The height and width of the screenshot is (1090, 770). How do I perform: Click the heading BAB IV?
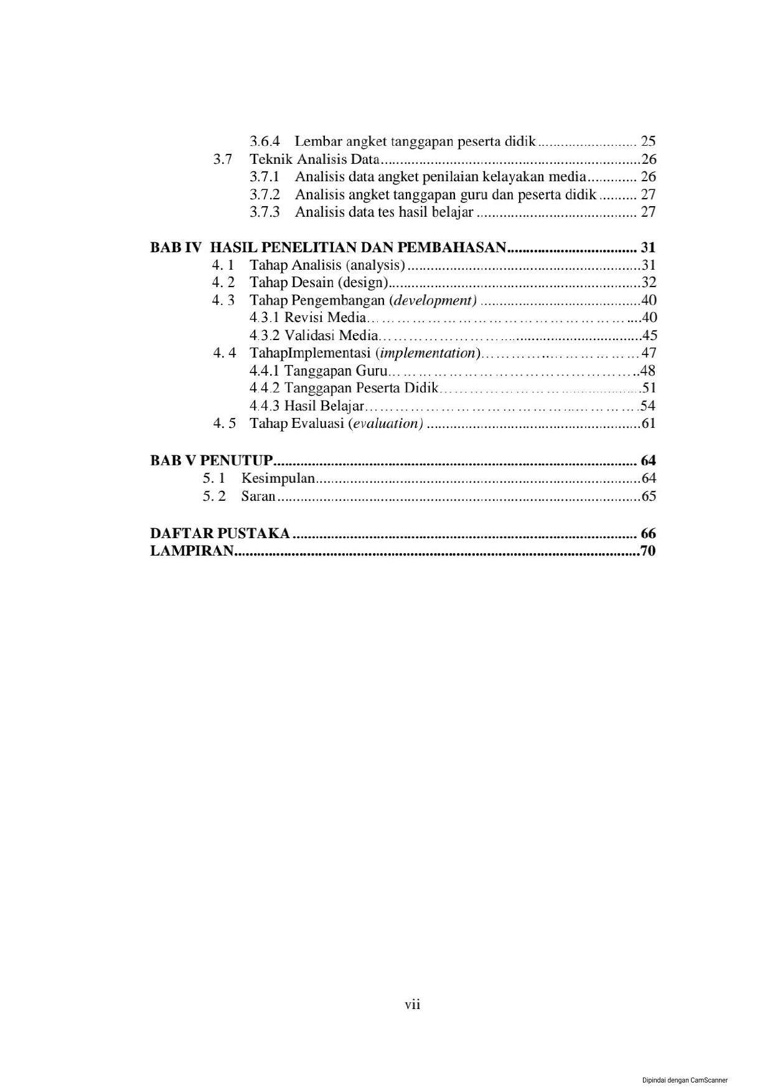click(176, 248)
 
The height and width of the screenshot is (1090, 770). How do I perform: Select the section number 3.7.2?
click(265, 195)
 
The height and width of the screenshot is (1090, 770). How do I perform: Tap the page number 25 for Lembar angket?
click(648, 141)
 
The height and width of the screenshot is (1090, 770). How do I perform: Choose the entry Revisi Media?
click(325, 318)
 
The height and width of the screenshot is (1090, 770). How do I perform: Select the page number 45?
click(649, 336)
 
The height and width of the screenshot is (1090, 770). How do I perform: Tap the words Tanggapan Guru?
click(336, 371)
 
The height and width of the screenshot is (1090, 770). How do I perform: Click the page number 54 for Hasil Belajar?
click(648, 406)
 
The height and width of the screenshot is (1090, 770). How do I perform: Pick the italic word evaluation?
click(387, 424)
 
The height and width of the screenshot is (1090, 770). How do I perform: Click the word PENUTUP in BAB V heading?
click(237, 461)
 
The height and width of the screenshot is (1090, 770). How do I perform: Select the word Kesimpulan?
click(278, 479)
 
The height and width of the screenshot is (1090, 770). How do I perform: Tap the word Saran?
click(258, 496)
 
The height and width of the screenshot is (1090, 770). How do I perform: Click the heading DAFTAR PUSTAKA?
click(220, 534)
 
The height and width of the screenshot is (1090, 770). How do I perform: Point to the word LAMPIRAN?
click(192, 551)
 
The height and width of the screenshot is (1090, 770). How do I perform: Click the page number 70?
click(648, 551)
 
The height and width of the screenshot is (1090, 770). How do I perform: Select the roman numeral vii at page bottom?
click(412, 1005)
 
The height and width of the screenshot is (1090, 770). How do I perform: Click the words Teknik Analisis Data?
click(314, 159)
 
